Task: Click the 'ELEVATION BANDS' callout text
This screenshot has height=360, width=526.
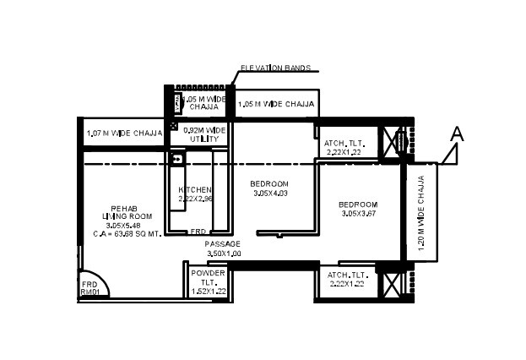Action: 276,68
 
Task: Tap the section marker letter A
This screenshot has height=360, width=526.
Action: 458,134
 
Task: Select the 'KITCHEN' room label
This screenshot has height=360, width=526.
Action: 195,189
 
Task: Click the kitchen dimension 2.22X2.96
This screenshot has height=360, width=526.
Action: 195,199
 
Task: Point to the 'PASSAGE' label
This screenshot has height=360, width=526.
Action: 222,243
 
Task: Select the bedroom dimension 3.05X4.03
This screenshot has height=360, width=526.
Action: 270,194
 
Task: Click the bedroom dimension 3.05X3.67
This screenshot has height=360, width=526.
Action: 358,214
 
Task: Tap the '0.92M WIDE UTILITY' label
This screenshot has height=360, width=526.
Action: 206,134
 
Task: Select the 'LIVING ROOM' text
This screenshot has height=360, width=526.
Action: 119,216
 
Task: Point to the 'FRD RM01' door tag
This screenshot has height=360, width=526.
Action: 89,288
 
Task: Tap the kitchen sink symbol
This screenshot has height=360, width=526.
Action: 176,157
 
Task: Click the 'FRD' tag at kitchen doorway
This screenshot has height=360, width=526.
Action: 198,231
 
